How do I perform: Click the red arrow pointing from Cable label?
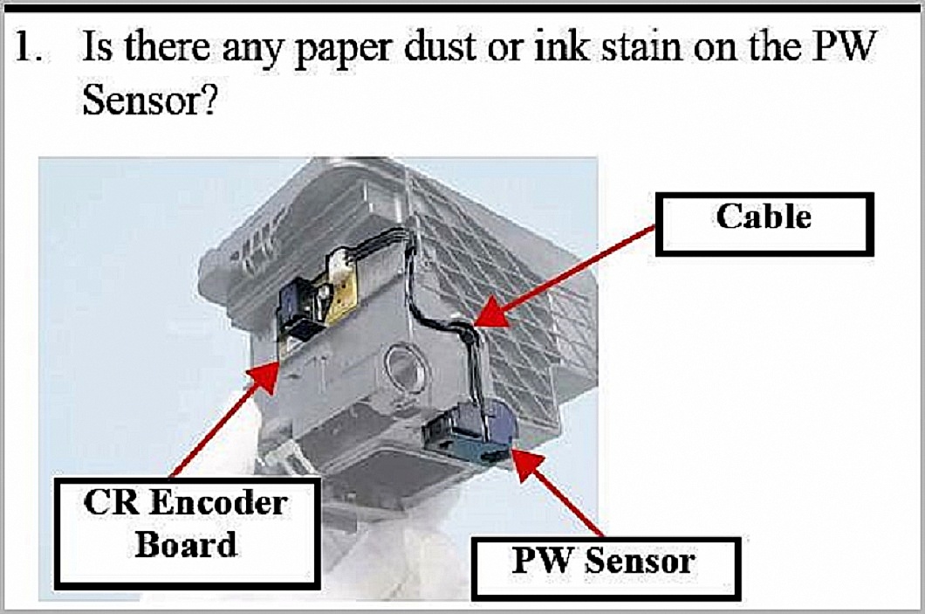click(x=564, y=275)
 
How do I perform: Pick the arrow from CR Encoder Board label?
click(x=225, y=420)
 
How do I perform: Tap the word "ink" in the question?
click(x=561, y=46)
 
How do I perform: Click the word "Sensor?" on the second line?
click(x=150, y=100)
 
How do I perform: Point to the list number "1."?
click(x=29, y=46)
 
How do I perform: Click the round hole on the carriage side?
click(x=404, y=366)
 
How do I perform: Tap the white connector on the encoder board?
click(x=343, y=259)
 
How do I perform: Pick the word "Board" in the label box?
click(x=187, y=545)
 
